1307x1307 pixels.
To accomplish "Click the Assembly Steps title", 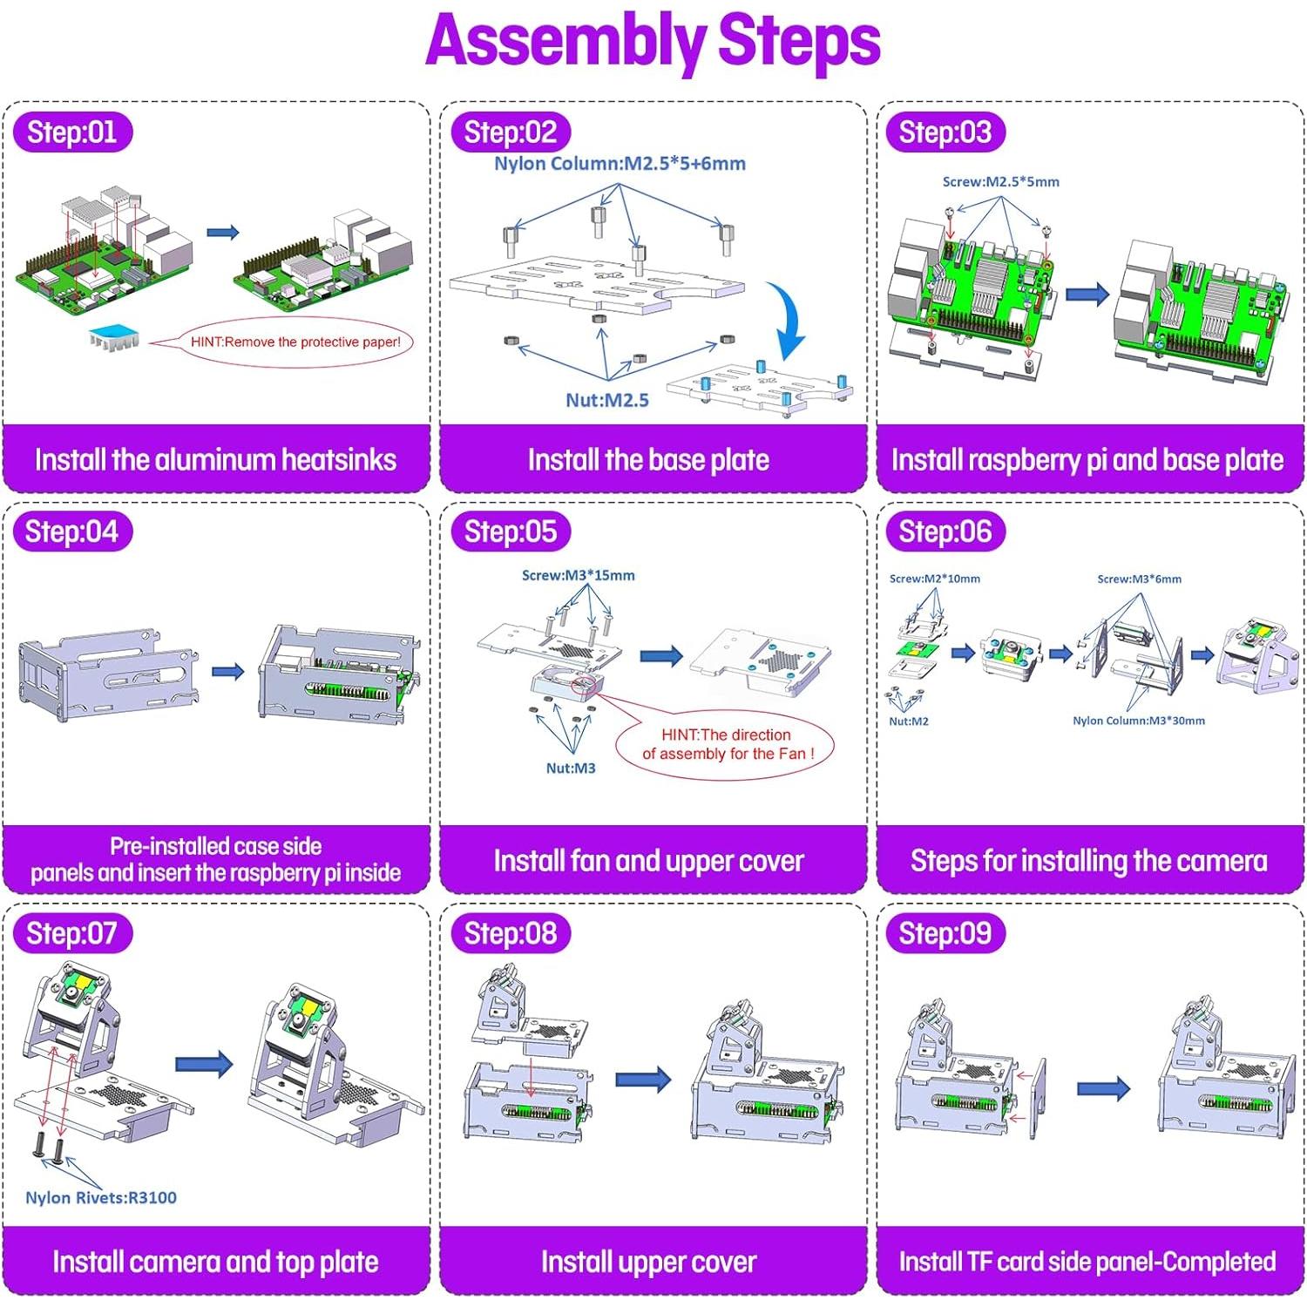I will pyautogui.click(x=653, y=41).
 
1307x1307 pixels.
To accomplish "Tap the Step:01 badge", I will pyautogui.click(x=72, y=132).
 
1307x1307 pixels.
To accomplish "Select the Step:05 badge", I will pyautogui.click(x=511, y=532).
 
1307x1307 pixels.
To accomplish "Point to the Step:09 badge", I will pyautogui.click(x=945, y=933).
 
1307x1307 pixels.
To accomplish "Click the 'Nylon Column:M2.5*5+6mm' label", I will pyautogui.click(x=620, y=164).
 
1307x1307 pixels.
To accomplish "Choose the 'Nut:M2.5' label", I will pyautogui.click(x=607, y=400).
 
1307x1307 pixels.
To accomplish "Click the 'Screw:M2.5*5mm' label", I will pyautogui.click(x=1000, y=182).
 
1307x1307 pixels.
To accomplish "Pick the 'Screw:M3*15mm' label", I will pyautogui.click(x=578, y=575).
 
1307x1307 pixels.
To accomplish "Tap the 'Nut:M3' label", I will pyautogui.click(x=571, y=768).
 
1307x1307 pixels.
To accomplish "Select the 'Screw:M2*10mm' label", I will pyautogui.click(x=934, y=579).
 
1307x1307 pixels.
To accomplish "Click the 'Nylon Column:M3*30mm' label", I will pyautogui.click(x=1138, y=721).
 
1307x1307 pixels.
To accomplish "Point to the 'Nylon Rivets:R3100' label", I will pyautogui.click(x=101, y=1197).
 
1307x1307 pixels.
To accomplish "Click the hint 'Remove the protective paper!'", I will pyautogui.click(x=295, y=342).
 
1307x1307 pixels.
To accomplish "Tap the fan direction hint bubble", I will pyautogui.click(x=726, y=744).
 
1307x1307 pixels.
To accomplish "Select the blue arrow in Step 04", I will pyautogui.click(x=227, y=671).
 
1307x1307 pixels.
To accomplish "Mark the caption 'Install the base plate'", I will pyautogui.click(x=648, y=459).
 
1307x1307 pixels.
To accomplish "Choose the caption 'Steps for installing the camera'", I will pyautogui.click(x=1088, y=861).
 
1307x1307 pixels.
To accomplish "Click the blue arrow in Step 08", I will pyautogui.click(x=643, y=1080).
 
